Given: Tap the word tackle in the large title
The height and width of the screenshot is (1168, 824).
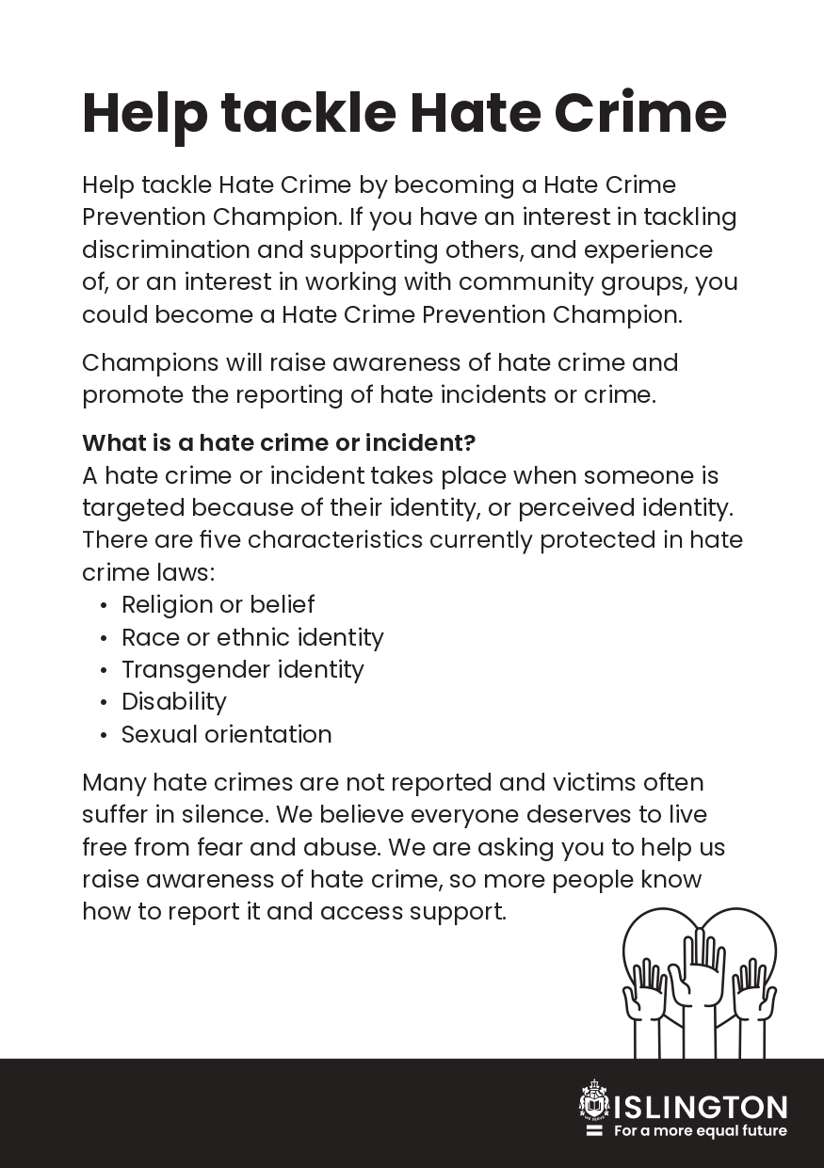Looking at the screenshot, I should coord(309,113).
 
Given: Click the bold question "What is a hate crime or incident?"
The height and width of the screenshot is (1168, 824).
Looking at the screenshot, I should coord(279,442).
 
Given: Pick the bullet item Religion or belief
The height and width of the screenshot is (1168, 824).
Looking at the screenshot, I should coord(218,604).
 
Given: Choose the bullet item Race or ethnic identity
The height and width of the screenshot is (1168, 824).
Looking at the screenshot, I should coord(252,637).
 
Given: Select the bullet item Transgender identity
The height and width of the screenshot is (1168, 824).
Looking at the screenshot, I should coord(242,669).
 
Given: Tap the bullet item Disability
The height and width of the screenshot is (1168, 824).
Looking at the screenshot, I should coord(174,702).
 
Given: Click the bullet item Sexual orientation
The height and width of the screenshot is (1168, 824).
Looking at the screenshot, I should coord(226,734).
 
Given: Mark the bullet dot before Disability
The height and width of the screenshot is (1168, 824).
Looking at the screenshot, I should coord(103,703).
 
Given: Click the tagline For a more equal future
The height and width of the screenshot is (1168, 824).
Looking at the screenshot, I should coord(700,1130).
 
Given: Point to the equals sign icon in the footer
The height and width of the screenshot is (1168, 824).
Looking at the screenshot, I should coord(594,1130).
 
